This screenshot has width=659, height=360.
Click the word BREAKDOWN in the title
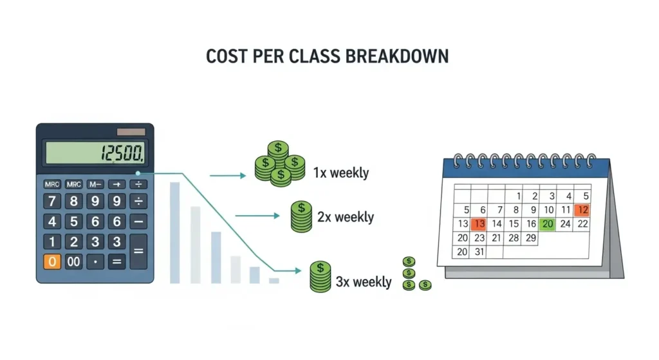coord(397,57)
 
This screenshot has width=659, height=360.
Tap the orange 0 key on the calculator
coord(52,262)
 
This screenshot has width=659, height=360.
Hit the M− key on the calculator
coord(95,184)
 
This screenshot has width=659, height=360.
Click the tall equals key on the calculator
coord(138,252)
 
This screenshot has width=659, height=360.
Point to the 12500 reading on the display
coord(122,153)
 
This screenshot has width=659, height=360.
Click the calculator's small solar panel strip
coord(131,131)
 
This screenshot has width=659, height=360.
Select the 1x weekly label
coord(341,173)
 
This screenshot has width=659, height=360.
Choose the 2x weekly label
coord(346,216)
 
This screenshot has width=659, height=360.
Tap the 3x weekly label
coord(364,281)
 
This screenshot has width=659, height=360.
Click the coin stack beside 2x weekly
coord(301,216)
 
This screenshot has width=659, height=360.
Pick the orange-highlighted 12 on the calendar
coord(582,209)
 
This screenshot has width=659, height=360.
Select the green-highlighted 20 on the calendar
coord(548,224)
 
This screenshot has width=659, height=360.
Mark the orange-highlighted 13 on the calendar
coord(478,224)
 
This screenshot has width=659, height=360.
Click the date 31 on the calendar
coord(478,252)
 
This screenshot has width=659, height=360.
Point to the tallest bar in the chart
coord(174,232)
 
